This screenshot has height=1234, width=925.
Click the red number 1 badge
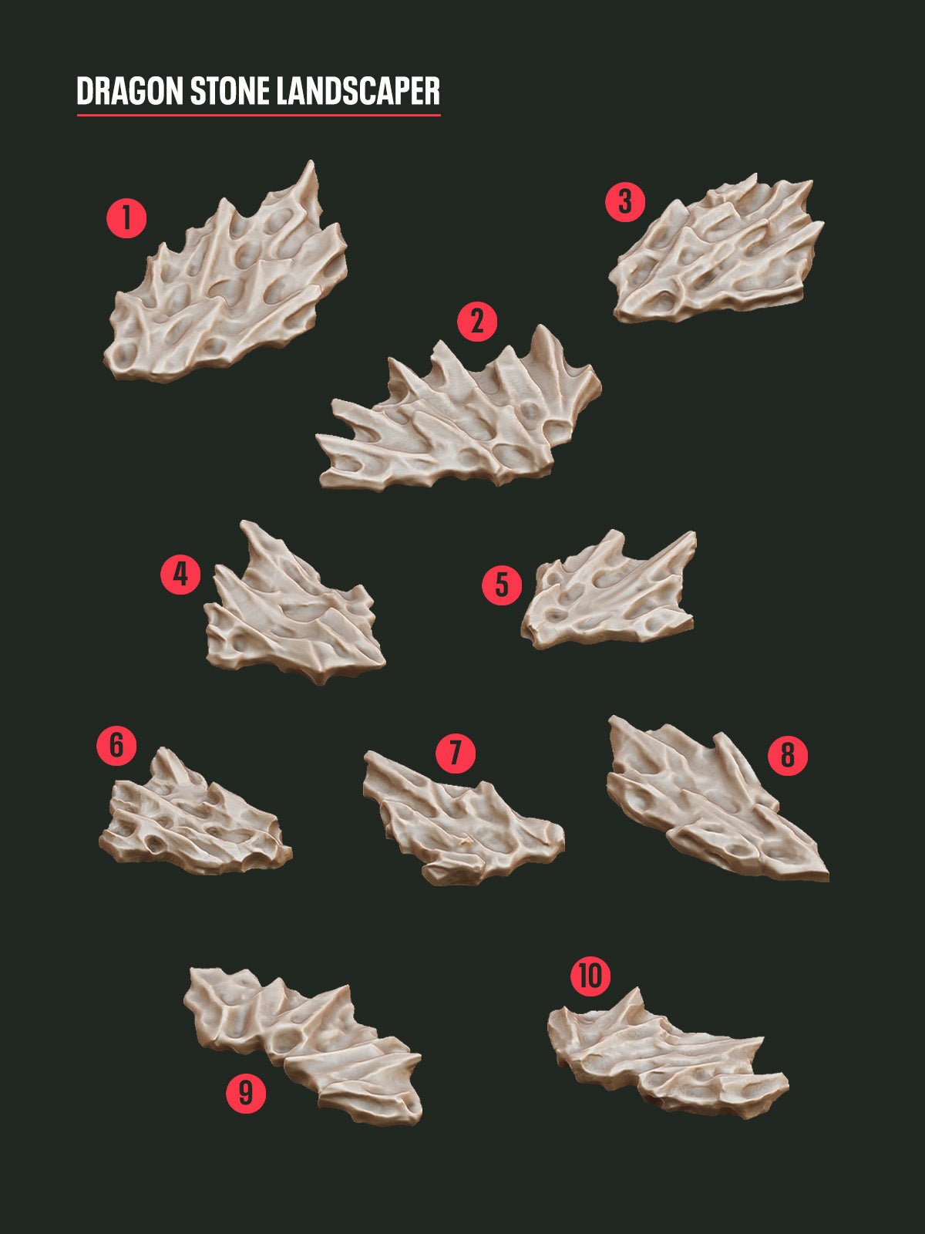coord(126,218)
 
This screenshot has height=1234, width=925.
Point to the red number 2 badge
coord(477,322)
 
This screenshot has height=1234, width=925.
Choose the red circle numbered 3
coord(625,202)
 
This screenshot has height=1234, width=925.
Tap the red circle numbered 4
coord(180,575)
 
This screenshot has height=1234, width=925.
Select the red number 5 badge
coord(502,585)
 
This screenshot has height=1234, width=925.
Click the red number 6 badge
coord(116,745)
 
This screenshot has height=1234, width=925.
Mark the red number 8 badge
coord(787,755)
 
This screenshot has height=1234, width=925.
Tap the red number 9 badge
coord(246,1092)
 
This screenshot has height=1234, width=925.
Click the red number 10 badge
coord(590,977)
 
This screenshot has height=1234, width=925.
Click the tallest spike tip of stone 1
coord(311,164)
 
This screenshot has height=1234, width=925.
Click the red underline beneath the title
coord(258,116)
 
